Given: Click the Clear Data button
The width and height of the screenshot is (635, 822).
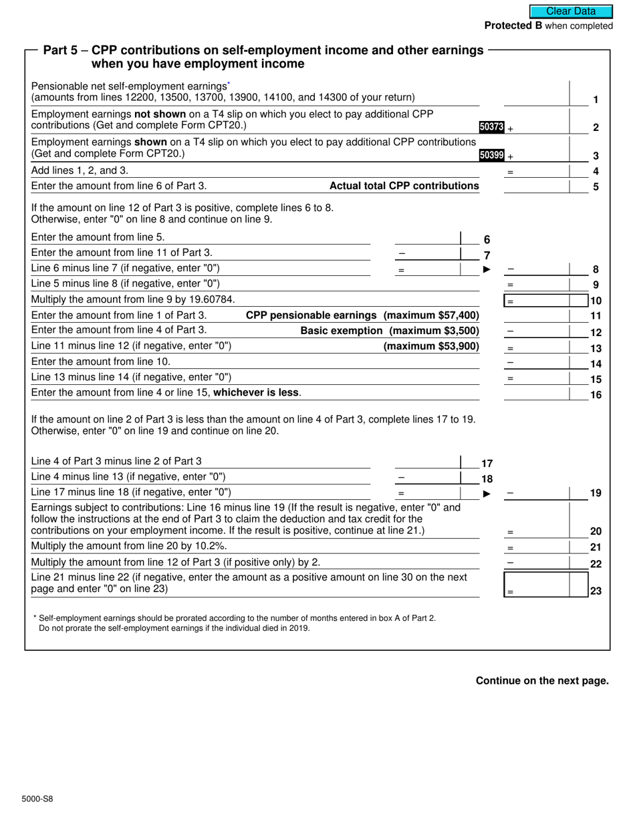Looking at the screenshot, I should (x=571, y=11).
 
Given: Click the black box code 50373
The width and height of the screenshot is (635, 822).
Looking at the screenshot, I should (x=491, y=127).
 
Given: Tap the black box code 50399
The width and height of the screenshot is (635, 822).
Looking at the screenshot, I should (x=491, y=155).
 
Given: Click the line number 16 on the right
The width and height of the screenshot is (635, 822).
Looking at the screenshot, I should (x=596, y=395).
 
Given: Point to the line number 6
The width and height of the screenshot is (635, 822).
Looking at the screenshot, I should (x=487, y=239).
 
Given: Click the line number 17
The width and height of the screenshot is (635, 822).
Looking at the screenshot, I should (x=487, y=463).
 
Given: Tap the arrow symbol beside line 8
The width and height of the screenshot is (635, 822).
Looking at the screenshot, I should (x=487, y=269).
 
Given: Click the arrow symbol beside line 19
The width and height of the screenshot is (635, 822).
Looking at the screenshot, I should (x=487, y=494).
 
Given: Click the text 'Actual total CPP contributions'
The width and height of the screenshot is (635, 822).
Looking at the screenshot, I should (x=404, y=186).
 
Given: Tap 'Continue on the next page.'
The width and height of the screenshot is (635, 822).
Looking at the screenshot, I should (x=542, y=681).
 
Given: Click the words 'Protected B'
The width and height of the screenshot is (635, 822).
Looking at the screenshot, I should (x=513, y=26).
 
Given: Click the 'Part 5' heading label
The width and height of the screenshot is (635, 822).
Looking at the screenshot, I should (x=63, y=51).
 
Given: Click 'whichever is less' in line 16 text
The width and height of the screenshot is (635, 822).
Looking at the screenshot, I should (x=255, y=393).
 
